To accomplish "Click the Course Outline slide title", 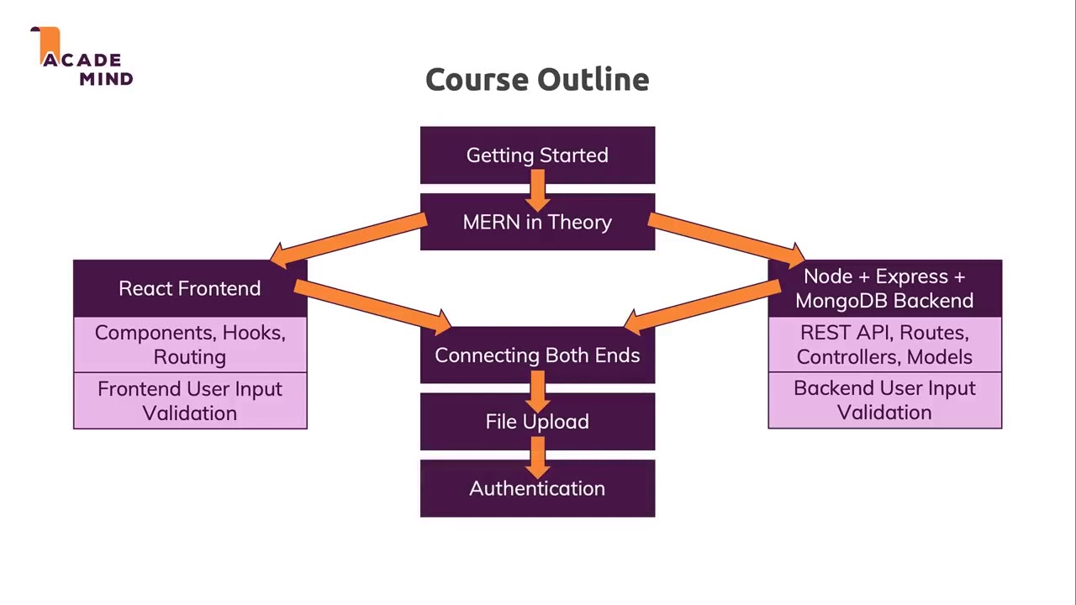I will (537, 80).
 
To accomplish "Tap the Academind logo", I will (84, 59).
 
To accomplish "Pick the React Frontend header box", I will (189, 288).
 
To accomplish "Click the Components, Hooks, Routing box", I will (190, 345).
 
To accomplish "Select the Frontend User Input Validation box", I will (190, 401).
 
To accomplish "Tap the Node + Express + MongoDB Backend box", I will (884, 288).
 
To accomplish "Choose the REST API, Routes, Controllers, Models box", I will (884, 345).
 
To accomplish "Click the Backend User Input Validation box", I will (884, 400).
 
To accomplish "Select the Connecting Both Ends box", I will (537, 355).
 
